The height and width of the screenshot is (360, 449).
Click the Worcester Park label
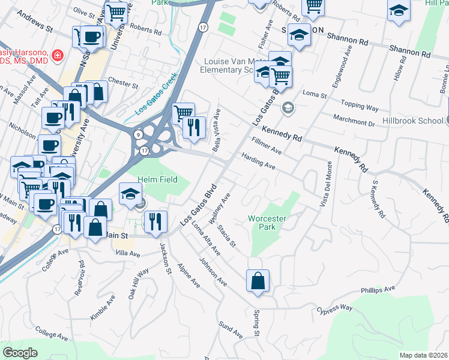tap(267, 223)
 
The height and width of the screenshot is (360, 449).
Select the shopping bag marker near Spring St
tap(258, 281)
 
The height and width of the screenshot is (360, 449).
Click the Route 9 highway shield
tap(137, 134)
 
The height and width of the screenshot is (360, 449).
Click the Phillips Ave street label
tap(378, 290)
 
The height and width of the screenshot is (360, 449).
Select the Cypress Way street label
tap(334, 309)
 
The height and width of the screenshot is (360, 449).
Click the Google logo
tap(20, 353)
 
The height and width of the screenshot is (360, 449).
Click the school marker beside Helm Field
tap(130, 193)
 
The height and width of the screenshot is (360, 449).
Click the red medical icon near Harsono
tap(58, 56)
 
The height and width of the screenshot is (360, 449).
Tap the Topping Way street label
tap(360, 106)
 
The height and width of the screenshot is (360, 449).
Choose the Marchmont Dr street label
tap(354, 119)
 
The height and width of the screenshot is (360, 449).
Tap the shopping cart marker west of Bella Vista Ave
tap(182, 112)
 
